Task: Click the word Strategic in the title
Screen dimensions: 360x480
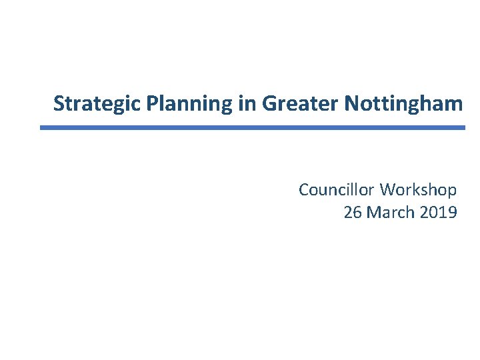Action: point(97,104)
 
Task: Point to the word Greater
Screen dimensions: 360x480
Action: point(301,104)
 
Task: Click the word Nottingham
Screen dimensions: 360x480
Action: point(403,104)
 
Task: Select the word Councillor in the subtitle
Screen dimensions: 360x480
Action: point(337,190)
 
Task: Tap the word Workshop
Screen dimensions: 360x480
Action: point(419,190)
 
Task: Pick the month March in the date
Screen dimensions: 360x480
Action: point(389,213)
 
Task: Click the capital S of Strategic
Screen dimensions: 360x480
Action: point(59,104)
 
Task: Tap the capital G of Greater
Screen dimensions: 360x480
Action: point(270,104)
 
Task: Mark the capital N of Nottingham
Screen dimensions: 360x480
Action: point(351,104)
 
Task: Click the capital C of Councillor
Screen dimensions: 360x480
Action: point(304,190)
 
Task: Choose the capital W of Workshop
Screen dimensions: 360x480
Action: point(388,190)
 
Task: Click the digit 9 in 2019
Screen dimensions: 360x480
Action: point(452,213)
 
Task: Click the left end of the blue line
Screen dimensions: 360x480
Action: point(41,127)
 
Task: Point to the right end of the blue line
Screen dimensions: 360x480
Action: point(464,127)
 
